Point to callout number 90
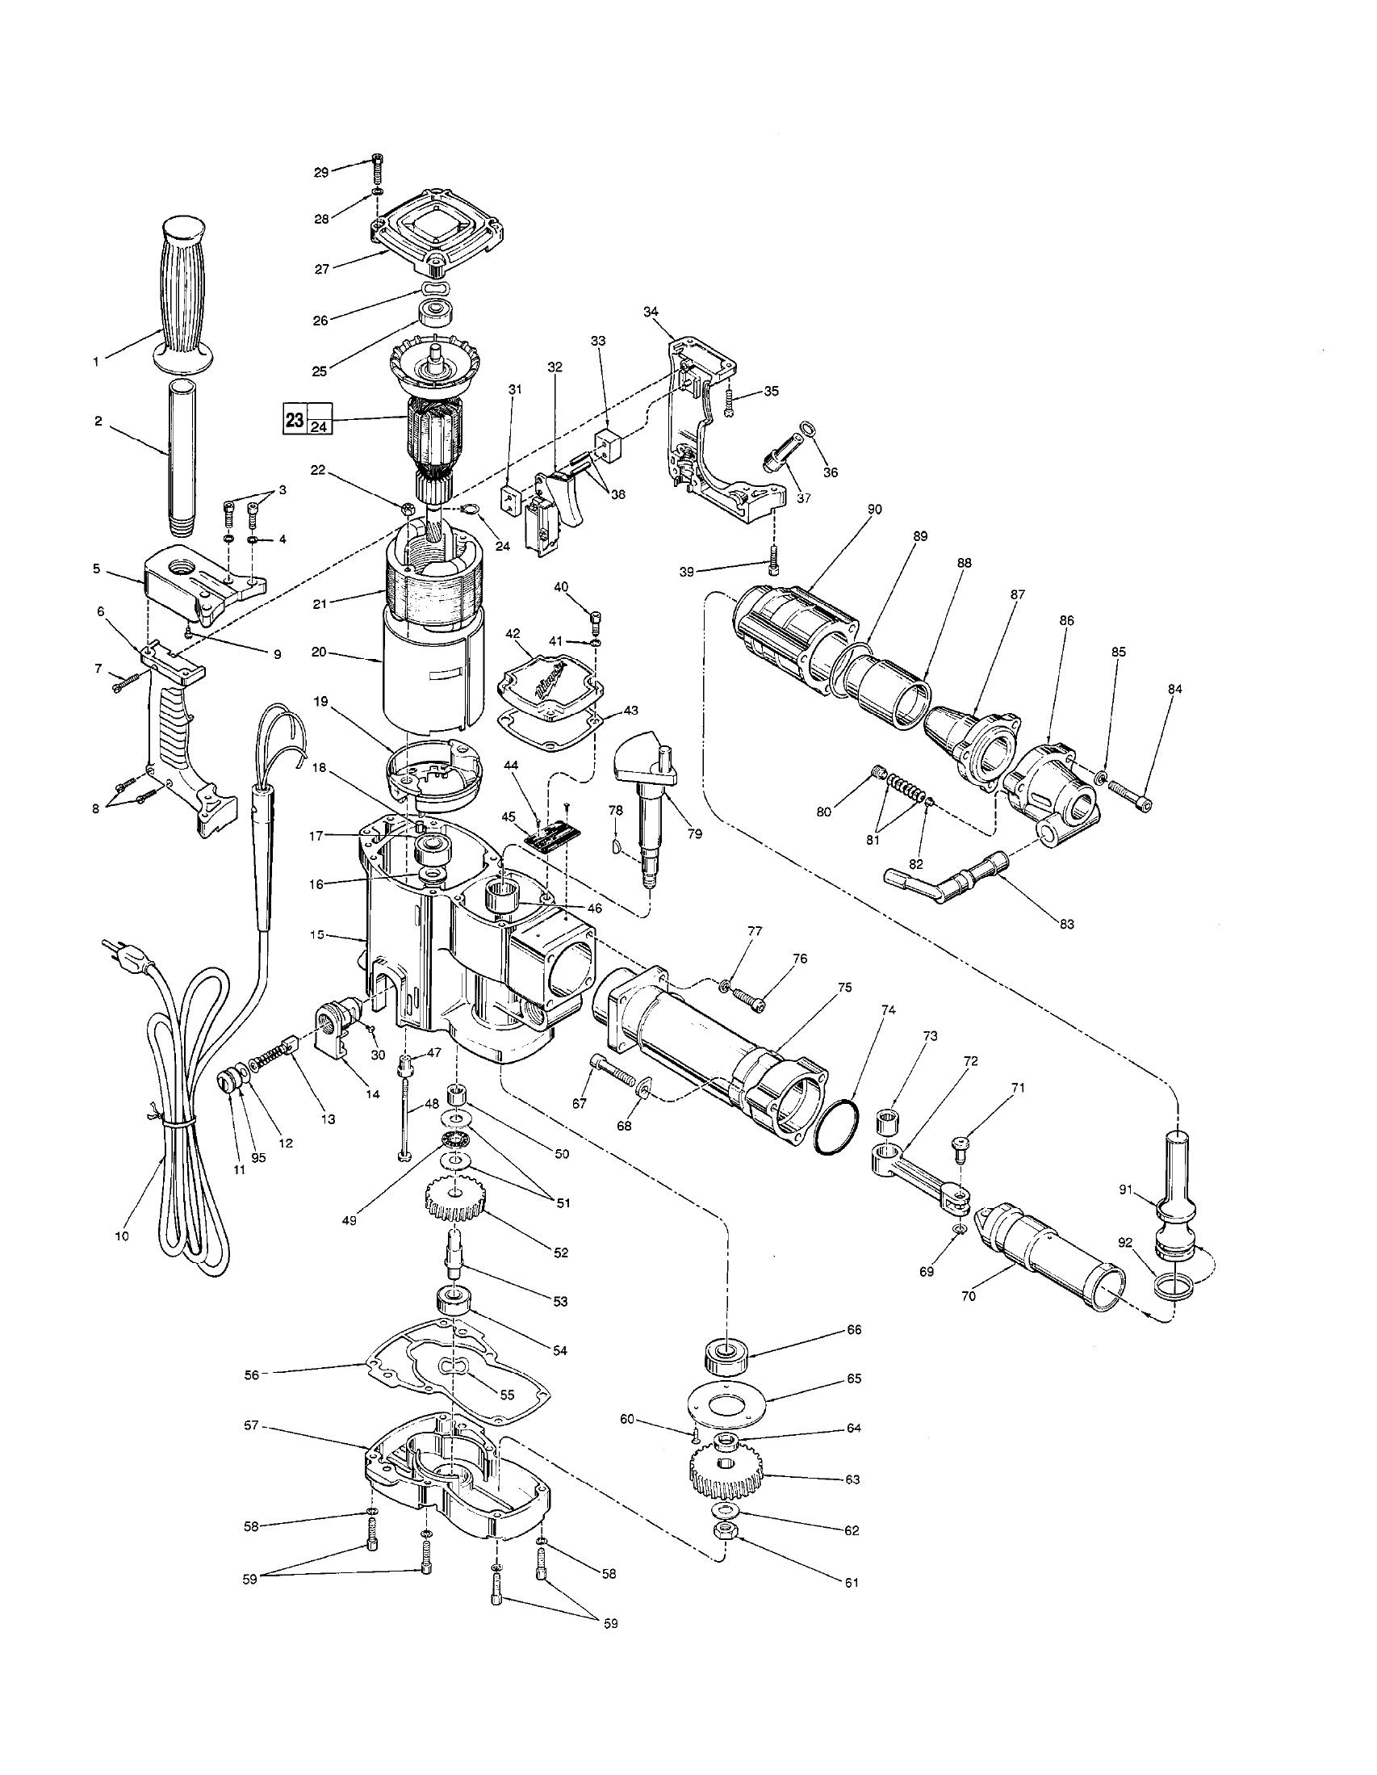coord(874,509)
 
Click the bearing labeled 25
coord(436,311)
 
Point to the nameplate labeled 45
coord(551,837)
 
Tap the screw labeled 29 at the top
coord(376,168)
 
